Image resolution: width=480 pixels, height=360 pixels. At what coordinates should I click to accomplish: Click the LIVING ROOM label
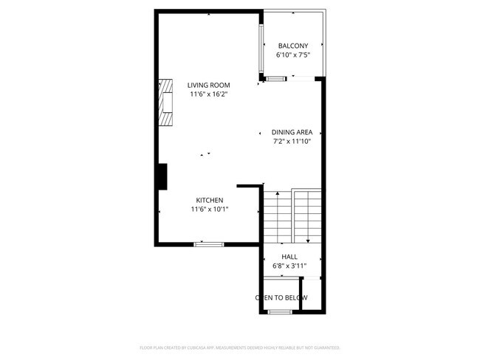click(208, 85)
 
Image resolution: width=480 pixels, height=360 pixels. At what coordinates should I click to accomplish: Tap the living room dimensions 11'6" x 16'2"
click(208, 94)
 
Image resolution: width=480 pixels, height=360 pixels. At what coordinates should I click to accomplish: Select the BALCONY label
click(292, 46)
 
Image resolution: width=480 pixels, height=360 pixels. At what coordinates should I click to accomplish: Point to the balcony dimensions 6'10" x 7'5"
click(292, 55)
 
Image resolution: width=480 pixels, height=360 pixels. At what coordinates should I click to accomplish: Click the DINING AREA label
click(292, 132)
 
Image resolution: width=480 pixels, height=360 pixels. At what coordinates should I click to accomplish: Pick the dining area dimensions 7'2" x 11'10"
click(292, 142)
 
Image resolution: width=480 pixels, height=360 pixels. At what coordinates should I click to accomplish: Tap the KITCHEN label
click(209, 201)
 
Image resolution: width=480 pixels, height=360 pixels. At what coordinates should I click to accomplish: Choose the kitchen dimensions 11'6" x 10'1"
click(209, 210)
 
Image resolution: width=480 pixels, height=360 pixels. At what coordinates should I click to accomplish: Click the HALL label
click(289, 257)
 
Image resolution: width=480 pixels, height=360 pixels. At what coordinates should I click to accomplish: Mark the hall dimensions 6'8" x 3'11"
click(289, 266)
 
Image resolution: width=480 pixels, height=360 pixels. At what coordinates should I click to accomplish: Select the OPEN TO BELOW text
click(281, 298)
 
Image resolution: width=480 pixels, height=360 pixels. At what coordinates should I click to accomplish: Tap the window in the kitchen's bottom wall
click(208, 243)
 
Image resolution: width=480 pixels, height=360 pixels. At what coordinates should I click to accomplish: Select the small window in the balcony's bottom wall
click(276, 78)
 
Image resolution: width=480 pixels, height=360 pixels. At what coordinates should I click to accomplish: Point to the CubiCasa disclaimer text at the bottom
click(240, 347)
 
